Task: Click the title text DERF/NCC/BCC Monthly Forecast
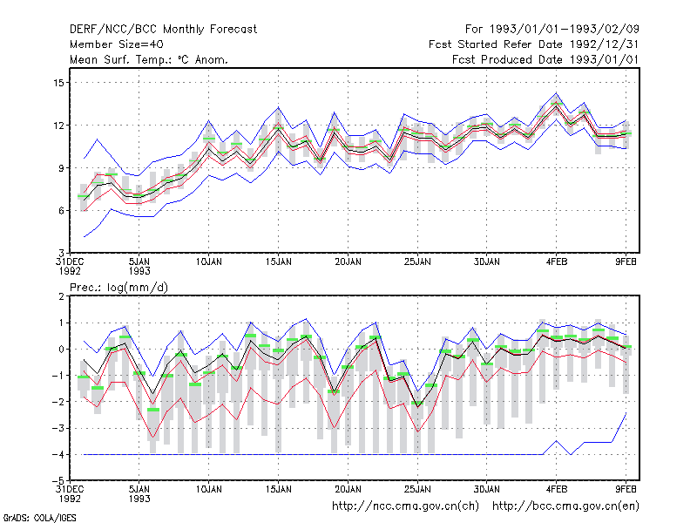[163, 30]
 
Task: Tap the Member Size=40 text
[117, 44]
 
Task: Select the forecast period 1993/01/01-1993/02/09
[564, 30]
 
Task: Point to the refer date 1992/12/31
[604, 44]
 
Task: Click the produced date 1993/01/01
[604, 59]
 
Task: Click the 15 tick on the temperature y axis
[58, 83]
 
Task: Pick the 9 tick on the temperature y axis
[61, 168]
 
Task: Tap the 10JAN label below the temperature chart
[209, 262]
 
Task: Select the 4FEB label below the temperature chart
[557, 262]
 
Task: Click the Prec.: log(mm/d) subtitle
[118, 288]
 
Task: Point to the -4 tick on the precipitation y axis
[58, 455]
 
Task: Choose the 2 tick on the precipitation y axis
[61, 296]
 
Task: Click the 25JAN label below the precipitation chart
[417, 489]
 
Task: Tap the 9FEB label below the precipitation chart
[626, 489]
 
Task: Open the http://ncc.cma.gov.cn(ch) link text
[405, 506]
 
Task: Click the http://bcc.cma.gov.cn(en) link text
[565, 506]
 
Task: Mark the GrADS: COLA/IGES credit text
[39, 518]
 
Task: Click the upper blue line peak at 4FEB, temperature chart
[556, 93]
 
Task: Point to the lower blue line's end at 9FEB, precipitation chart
[626, 413]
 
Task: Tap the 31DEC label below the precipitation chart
[70, 489]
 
